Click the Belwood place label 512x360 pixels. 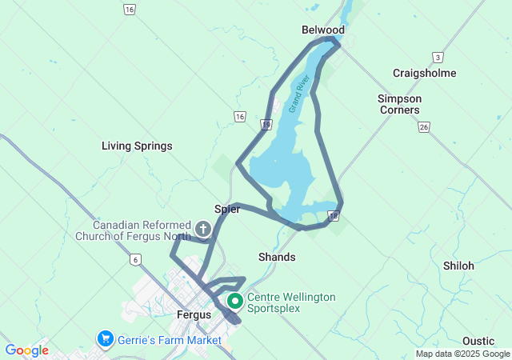[323, 30]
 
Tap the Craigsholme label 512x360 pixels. [424, 73]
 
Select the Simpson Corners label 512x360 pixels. [399, 104]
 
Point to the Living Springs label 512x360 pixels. [137, 146]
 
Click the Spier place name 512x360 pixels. [227, 209]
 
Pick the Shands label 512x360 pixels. [277, 257]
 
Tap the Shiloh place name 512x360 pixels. [458, 266]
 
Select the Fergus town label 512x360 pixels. [194, 314]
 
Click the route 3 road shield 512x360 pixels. [438, 58]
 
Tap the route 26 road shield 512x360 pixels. [424, 126]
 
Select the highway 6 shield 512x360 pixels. [136, 259]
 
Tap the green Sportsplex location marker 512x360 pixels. [235, 302]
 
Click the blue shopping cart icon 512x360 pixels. [105, 339]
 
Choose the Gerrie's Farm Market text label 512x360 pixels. [169, 340]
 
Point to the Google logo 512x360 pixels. [26, 350]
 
